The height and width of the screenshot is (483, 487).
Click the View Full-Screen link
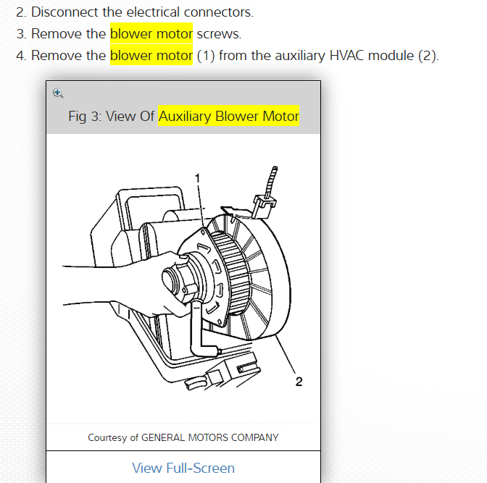183,468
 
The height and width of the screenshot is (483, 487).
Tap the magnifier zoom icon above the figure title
58,93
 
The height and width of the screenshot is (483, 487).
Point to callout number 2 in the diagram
299,382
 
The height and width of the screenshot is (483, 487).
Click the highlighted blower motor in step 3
151,34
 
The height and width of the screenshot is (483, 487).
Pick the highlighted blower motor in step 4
151,56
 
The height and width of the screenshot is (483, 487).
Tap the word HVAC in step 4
349,56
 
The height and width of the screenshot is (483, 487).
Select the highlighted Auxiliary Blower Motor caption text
229,117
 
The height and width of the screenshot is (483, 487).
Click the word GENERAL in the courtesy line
167,437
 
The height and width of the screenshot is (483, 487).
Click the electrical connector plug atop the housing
265,202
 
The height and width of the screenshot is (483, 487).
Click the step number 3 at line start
20,34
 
